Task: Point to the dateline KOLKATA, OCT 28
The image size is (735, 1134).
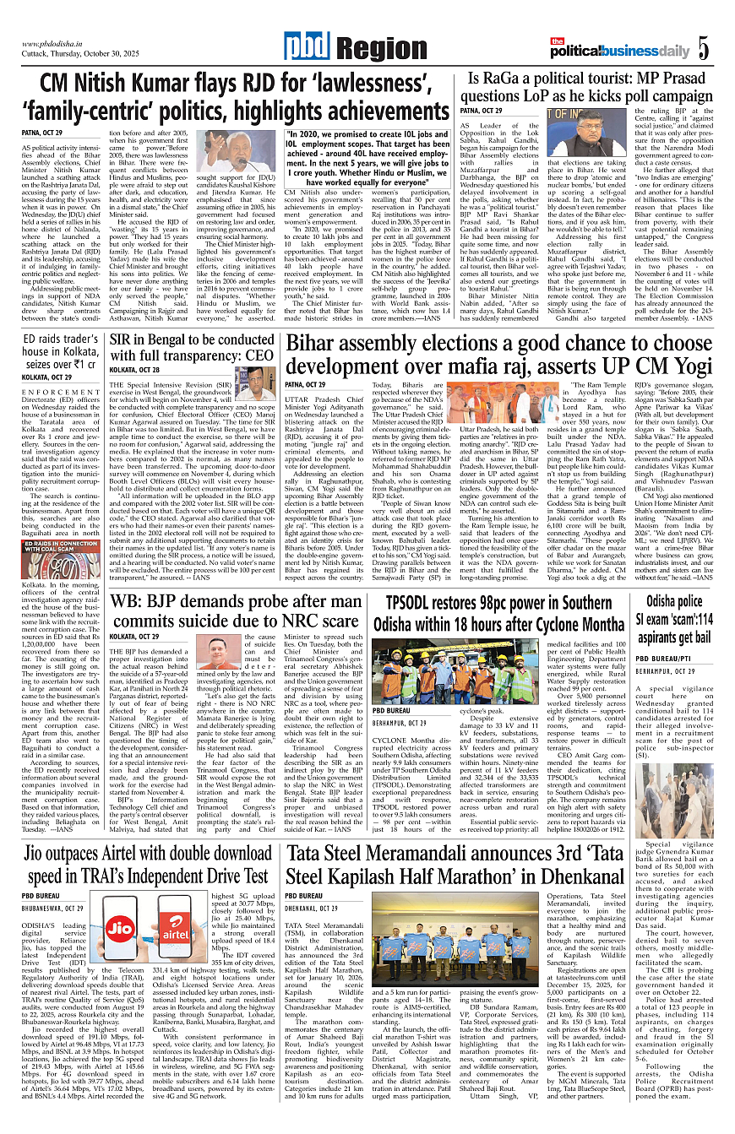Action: (x=134, y=370)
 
